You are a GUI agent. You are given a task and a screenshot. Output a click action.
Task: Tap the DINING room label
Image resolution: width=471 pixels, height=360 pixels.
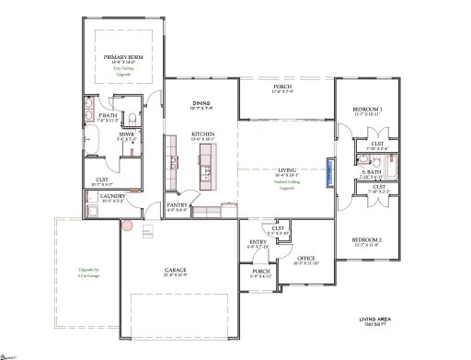[x=201, y=103]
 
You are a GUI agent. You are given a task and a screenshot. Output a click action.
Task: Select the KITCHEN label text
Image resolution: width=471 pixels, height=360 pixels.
[x=203, y=134]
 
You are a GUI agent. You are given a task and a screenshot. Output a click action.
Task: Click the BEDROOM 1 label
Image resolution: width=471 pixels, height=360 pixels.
[x=369, y=110]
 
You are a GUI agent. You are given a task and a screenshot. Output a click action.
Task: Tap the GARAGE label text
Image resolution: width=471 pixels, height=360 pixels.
[x=175, y=271]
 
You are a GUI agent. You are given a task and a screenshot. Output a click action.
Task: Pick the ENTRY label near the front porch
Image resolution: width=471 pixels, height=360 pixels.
[x=258, y=242]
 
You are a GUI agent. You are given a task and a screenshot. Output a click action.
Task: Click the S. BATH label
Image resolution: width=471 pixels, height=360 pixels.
[x=372, y=172]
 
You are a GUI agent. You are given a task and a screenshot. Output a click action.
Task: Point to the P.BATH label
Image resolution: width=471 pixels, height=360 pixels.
[x=109, y=116]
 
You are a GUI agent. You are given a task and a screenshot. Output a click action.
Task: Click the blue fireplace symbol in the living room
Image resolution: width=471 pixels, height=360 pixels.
[x=327, y=172]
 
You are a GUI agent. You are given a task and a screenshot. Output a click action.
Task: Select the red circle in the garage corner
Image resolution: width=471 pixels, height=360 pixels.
[x=129, y=222]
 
